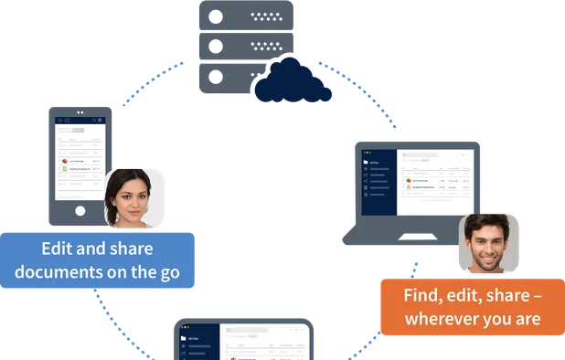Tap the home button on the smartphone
80,210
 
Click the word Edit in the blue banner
59,249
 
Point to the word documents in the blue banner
60,271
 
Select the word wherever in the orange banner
445,320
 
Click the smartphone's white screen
80,163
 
